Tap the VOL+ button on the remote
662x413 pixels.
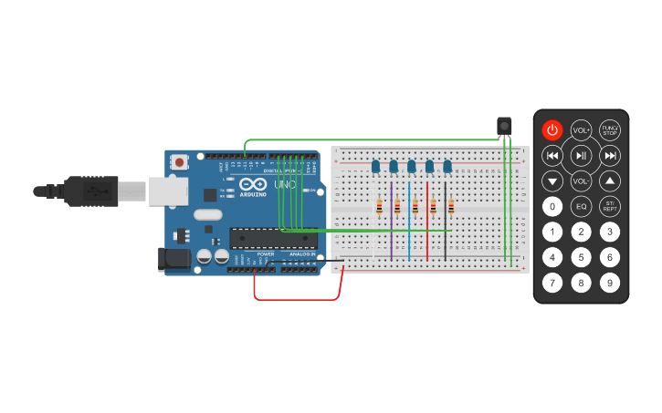[x=581, y=130]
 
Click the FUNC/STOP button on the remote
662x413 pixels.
[x=610, y=130]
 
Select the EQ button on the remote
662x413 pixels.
[x=581, y=206]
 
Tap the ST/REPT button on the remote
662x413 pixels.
[x=610, y=206]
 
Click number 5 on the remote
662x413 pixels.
[x=581, y=257]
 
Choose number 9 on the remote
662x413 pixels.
[x=610, y=283]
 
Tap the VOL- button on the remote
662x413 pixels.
[x=581, y=181]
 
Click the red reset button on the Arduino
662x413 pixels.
[x=180, y=162]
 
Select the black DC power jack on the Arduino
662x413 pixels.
[x=173, y=260]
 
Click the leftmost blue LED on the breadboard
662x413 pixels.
[x=375, y=166]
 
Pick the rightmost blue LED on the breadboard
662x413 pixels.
[x=447, y=166]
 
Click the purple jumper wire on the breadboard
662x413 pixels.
[x=391, y=232]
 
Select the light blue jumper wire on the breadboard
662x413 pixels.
[x=409, y=232]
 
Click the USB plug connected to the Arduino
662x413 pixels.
[x=91, y=191]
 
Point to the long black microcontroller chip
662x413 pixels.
[x=273, y=239]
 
